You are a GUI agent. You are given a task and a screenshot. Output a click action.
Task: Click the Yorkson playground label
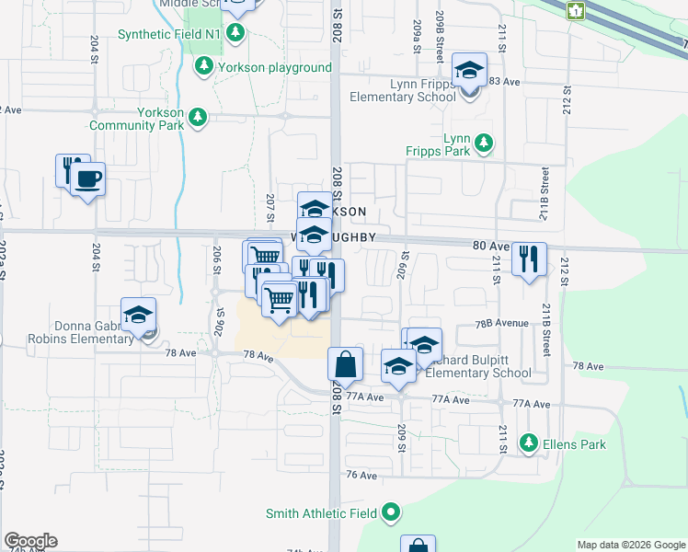click(274, 67)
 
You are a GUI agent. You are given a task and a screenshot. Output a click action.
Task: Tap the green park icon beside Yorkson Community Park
click(197, 117)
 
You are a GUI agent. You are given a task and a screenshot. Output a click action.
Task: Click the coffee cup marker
click(88, 178)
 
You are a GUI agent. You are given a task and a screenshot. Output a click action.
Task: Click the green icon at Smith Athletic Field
click(392, 512)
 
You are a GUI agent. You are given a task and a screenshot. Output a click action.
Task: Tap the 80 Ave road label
click(490, 246)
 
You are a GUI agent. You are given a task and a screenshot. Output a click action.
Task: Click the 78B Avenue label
click(501, 323)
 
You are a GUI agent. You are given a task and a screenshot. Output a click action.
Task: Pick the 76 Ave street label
click(362, 475)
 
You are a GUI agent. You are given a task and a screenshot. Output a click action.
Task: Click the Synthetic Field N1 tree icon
click(236, 34)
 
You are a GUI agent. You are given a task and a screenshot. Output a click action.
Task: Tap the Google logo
click(30, 541)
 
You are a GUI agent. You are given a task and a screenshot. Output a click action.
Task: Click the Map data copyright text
click(630, 545)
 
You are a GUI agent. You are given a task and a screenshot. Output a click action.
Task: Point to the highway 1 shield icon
click(577, 10)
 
